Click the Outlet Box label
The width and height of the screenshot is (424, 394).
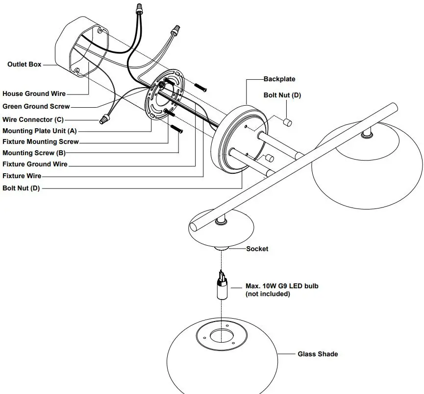(25, 64)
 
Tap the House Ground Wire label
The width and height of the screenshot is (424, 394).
(34, 93)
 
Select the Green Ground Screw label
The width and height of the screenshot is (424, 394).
(36, 106)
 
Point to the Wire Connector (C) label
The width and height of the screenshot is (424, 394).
(33, 119)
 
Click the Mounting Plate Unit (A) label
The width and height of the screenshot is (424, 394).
(40, 131)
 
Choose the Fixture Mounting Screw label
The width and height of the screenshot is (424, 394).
(41, 142)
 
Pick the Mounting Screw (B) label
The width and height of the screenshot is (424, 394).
(34, 153)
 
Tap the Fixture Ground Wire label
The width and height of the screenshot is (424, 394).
(35, 164)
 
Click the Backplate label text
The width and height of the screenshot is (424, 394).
(279, 79)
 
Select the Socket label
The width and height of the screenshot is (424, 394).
(257, 249)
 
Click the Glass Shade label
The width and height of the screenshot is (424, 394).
(318, 354)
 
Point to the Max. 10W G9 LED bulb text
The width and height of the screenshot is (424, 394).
(282, 286)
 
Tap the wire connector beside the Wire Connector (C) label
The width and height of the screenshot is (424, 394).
(104, 119)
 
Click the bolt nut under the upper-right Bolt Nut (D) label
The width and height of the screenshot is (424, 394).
(287, 122)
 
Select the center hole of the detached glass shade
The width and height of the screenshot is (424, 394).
(222, 336)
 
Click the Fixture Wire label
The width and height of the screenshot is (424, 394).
(22, 176)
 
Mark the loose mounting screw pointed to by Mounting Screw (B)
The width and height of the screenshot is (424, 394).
(177, 129)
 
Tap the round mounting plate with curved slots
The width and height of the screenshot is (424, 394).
(165, 94)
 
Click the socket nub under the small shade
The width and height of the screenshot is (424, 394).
(222, 248)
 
